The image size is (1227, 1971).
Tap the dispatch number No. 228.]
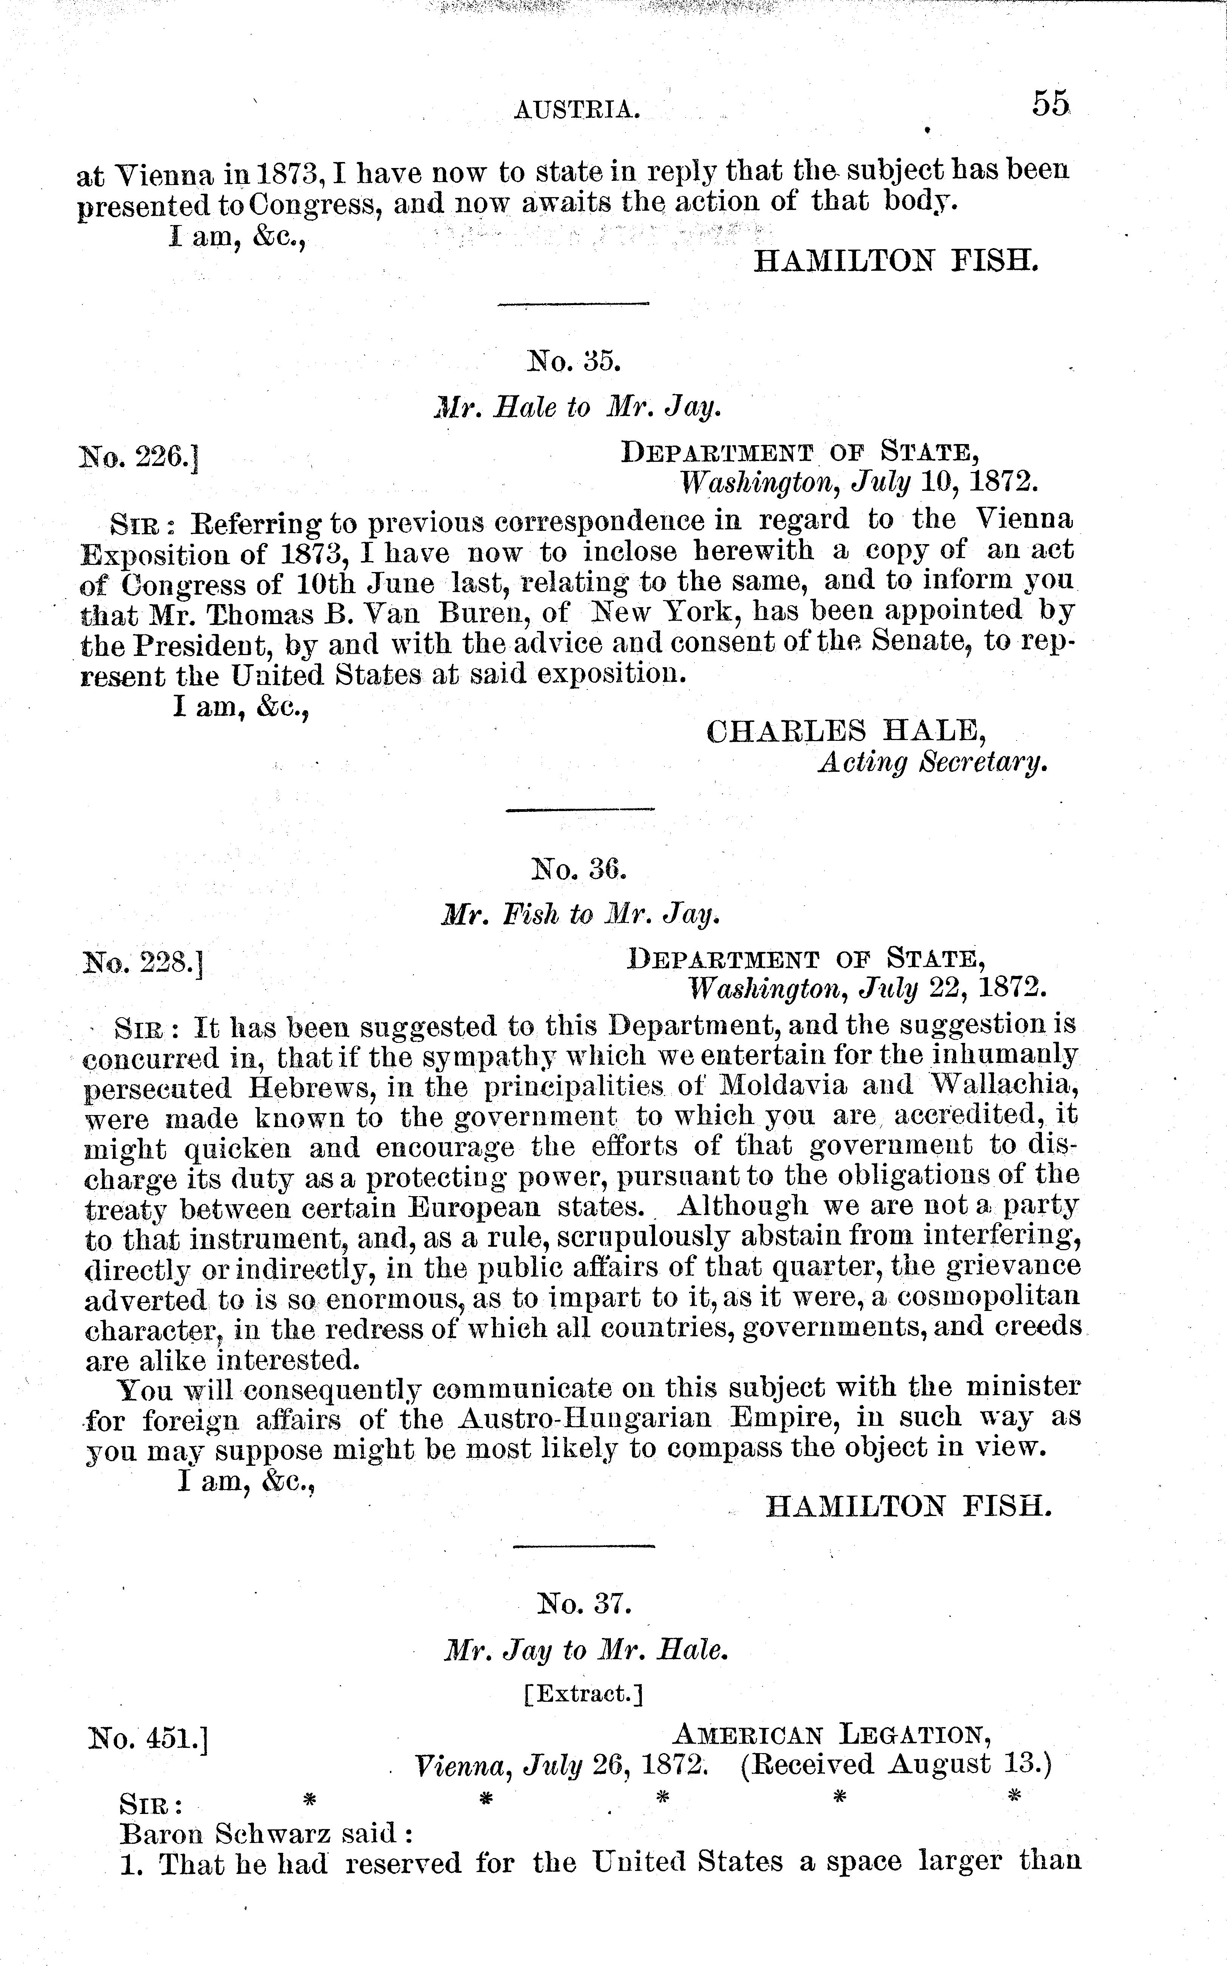tap(143, 964)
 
